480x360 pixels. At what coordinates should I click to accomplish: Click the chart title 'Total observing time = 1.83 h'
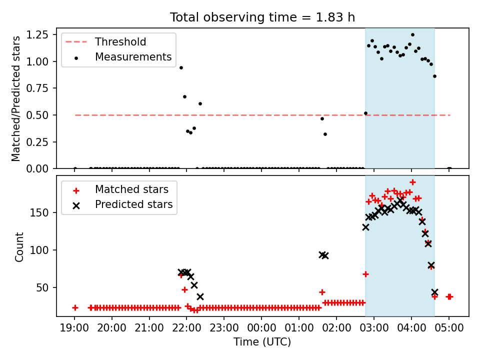[262, 17]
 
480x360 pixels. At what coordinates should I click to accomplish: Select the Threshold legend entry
[105, 41]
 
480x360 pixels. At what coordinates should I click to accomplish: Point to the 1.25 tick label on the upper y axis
[37, 35]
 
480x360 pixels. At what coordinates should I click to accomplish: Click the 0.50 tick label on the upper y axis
[37, 115]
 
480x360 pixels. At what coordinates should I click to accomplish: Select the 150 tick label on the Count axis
[39, 212]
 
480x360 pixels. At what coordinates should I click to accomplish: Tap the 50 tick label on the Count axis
[42, 288]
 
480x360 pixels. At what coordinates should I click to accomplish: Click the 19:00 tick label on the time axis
[74, 328]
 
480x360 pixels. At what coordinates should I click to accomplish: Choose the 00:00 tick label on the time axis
[261, 328]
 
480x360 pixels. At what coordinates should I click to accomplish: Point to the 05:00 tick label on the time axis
[449, 328]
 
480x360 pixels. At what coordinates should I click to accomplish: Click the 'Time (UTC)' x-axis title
[262, 341]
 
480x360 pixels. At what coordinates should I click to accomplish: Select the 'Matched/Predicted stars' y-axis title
[16, 98]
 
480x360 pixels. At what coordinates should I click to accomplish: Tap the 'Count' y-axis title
[19, 246]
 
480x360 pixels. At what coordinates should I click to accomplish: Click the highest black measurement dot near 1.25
[412, 35]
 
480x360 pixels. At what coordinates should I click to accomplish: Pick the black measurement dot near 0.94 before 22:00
[181, 67]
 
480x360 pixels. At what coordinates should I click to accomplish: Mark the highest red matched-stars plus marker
[412, 182]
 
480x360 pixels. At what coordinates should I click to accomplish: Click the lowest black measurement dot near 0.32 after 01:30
[325, 134]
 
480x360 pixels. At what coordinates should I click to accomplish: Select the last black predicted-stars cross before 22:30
[200, 296]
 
